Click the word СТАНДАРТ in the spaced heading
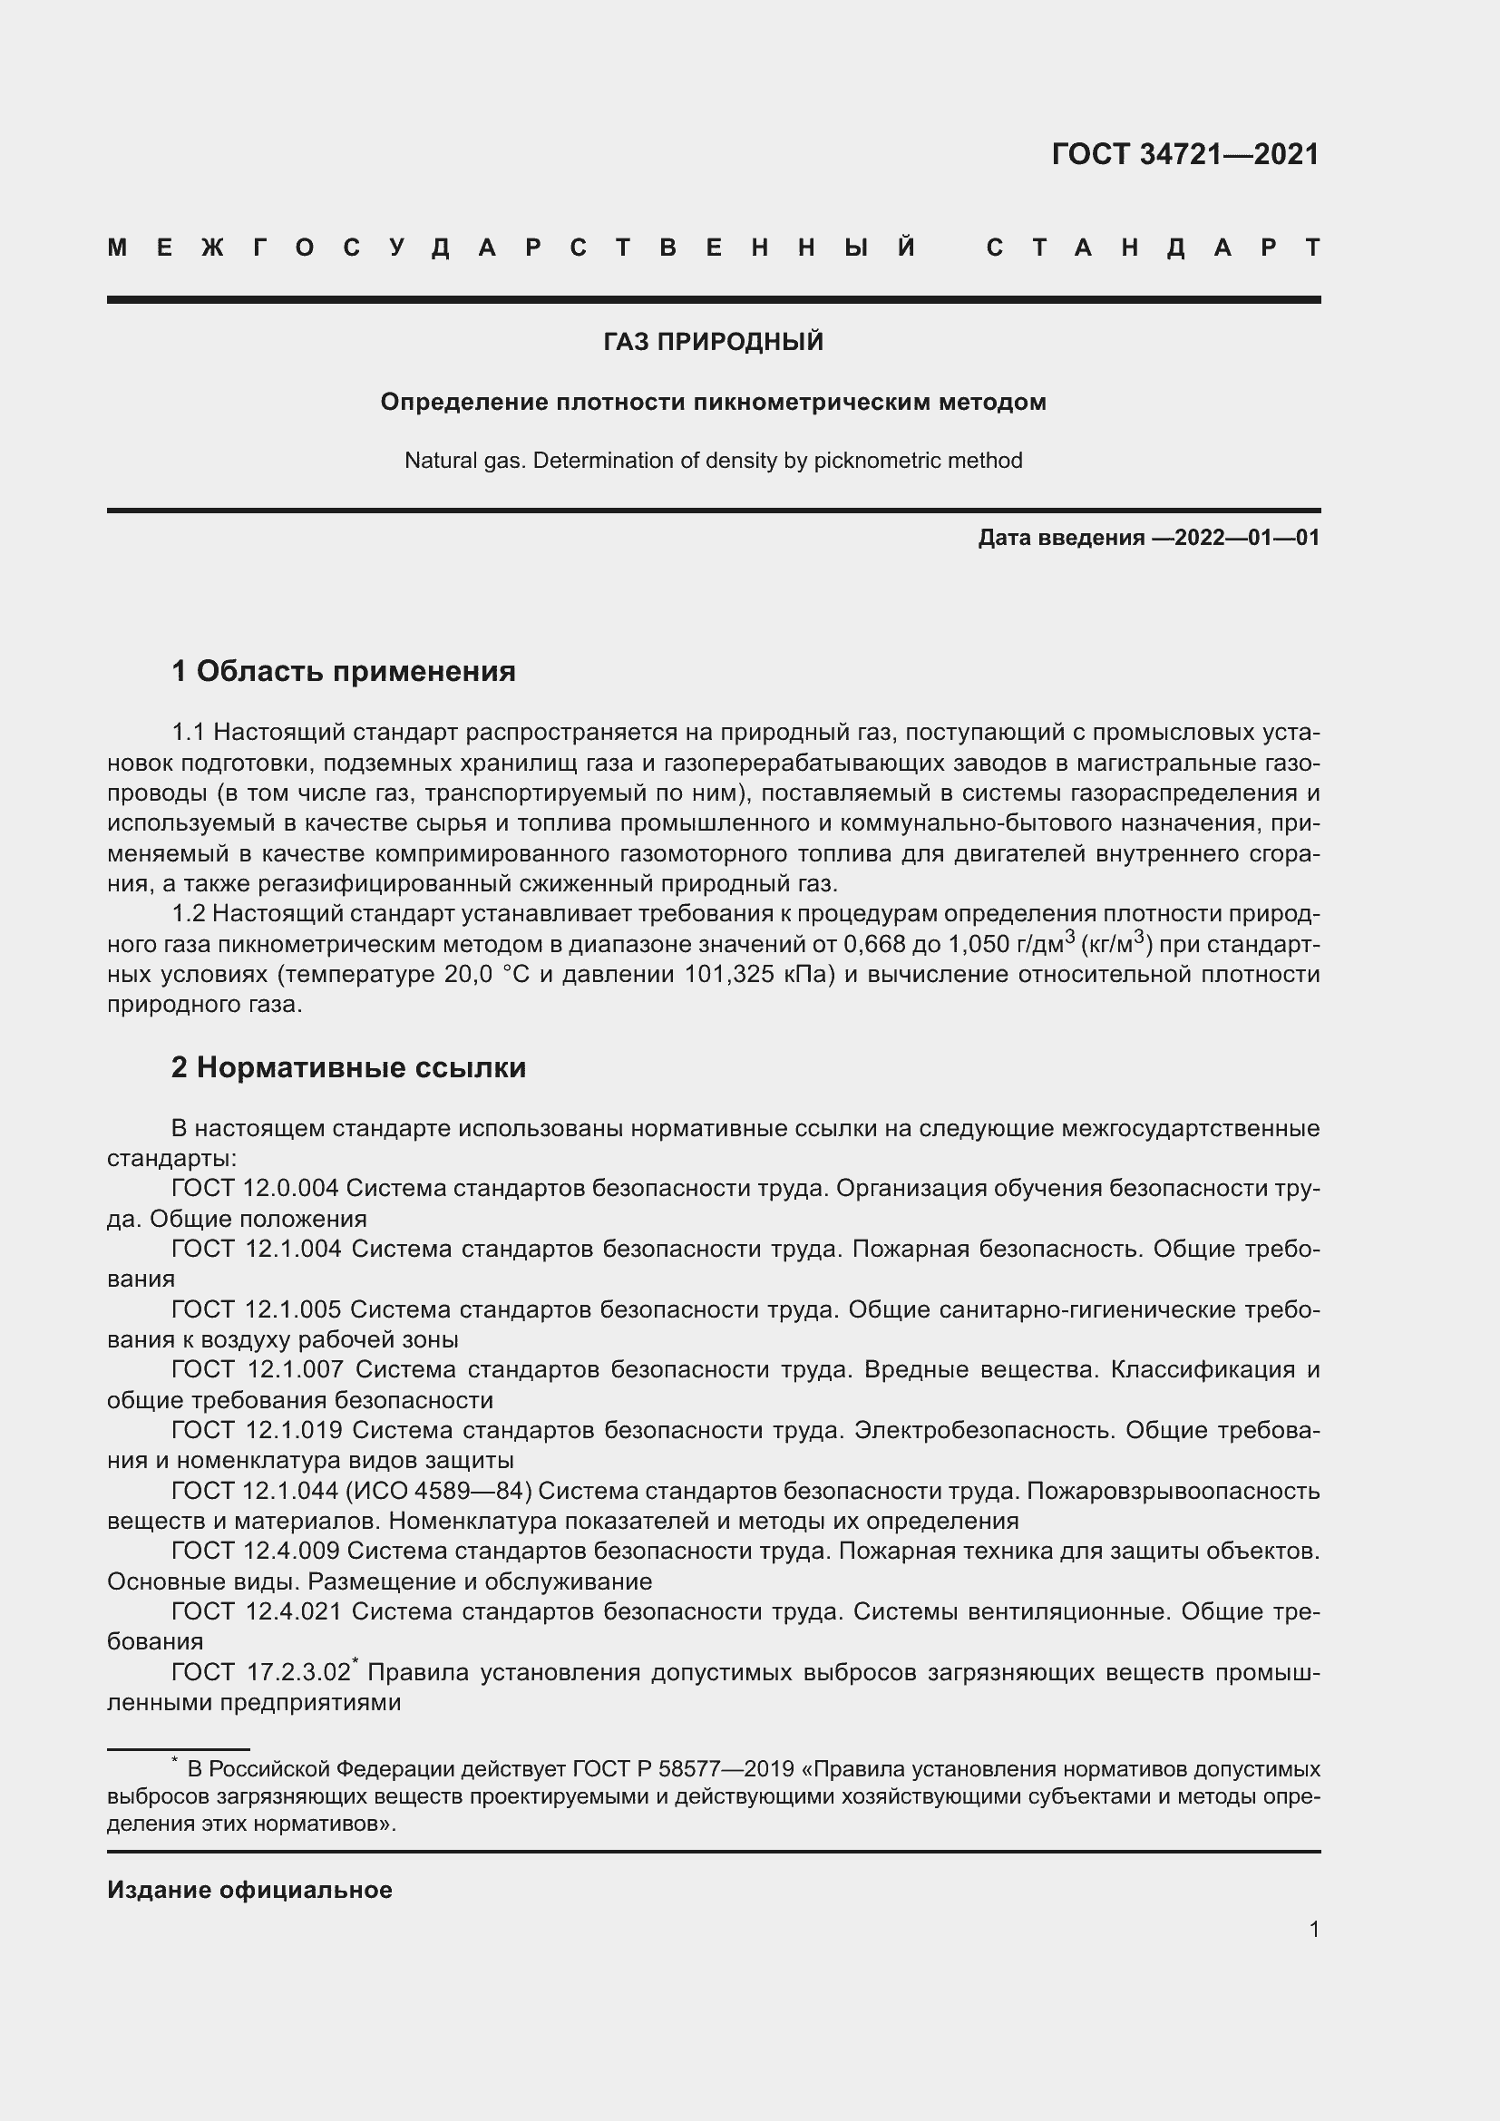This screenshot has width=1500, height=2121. coord(1153,248)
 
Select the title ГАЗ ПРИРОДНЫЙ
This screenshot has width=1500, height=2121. coord(713,342)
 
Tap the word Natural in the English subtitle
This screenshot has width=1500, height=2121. coord(438,461)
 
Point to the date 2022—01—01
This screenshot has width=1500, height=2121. coord(1247,538)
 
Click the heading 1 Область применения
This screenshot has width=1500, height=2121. coord(344,672)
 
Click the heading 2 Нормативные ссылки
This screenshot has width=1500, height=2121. coord(348,1068)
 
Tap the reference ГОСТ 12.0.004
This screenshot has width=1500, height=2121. coord(256,1188)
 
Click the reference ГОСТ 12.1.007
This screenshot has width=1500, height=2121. coord(258,1369)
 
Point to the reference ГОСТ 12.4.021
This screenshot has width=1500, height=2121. coord(256,1611)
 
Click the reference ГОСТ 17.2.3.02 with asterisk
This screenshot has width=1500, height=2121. coord(262,1673)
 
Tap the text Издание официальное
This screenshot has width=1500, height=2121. coord(249,1890)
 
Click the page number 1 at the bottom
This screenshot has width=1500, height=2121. coord(1313,1929)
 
